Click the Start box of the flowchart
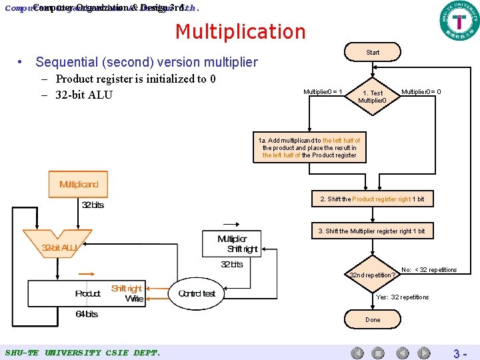pyautogui.click(x=373, y=52)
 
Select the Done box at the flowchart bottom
pyautogui.click(x=373, y=320)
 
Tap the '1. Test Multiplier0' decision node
pyautogui.click(x=372, y=97)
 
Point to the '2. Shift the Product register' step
pyautogui.click(x=372, y=199)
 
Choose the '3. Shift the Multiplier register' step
pyautogui.click(x=371, y=231)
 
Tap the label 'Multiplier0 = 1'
pyautogui.click(x=323, y=91)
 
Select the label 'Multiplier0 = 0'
pyautogui.click(x=421, y=91)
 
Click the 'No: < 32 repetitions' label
pyautogui.click(x=429, y=270)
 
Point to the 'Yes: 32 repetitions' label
pyautogui.click(x=403, y=297)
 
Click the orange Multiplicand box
pyautogui.click(x=79, y=185)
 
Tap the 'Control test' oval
pyautogui.click(x=197, y=293)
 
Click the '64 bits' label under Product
pyautogui.click(x=86, y=314)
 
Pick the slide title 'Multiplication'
pyautogui.click(x=240, y=31)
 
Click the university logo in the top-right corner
pyautogui.click(x=459, y=21)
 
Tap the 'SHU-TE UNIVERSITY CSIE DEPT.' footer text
pyautogui.click(x=82, y=352)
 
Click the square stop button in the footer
pyautogui.click(x=378, y=353)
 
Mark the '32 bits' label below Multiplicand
pyautogui.click(x=93, y=205)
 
